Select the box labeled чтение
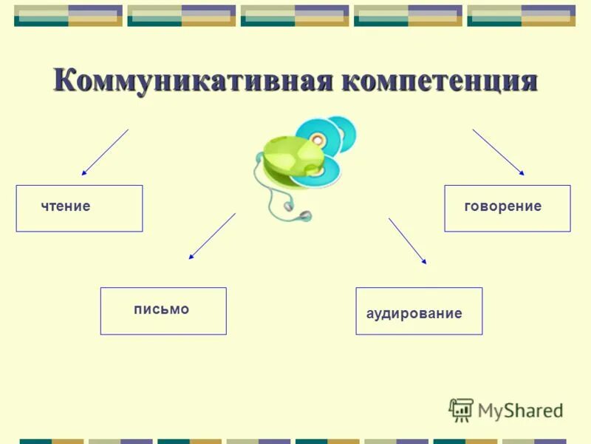click(x=79, y=209)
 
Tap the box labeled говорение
click(x=507, y=209)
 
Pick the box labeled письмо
click(x=163, y=311)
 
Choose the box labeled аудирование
click(x=419, y=311)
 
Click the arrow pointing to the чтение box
click(x=105, y=152)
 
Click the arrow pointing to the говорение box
click(x=499, y=152)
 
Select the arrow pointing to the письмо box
click(x=212, y=236)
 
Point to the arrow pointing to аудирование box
click(x=408, y=240)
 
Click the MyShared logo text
click(x=520, y=410)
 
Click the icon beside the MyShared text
click(x=460, y=409)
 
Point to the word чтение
click(x=66, y=206)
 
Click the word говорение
click(x=502, y=206)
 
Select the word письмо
click(x=161, y=309)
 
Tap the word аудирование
click(x=414, y=314)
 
